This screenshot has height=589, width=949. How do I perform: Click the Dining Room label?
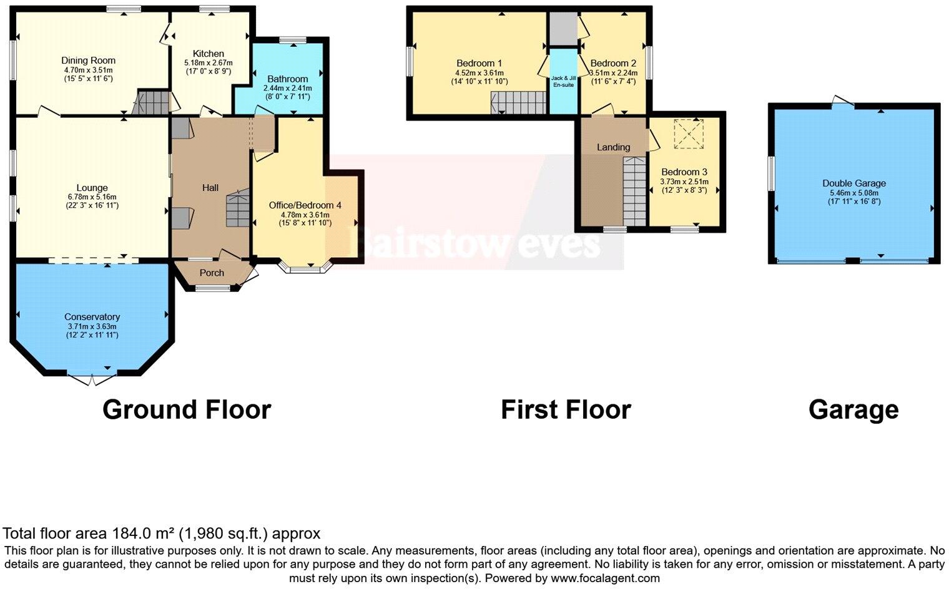point(88,61)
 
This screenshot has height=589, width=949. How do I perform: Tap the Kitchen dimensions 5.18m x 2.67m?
point(208,63)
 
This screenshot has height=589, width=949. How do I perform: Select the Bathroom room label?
point(287,79)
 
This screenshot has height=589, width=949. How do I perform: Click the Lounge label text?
point(92,188)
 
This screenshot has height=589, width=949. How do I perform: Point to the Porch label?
point(212,273)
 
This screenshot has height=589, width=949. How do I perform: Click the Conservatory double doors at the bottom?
point(91,379)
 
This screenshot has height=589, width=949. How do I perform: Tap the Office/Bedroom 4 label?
point(305,205)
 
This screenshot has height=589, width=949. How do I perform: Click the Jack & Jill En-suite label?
point(563,81)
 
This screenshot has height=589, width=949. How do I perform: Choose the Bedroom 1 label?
point(479,63)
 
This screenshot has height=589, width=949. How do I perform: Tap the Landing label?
point(613,147)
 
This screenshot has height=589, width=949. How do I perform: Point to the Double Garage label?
point(853,183)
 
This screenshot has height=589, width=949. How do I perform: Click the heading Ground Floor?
point(187,410)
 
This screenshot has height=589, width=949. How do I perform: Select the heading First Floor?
point(566,410)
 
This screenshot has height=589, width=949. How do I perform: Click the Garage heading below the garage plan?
point(853,410)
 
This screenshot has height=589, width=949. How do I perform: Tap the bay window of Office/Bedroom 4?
point(306,268)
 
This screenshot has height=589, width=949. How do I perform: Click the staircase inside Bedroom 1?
point(518,102)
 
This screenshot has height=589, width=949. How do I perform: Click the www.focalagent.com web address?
point(605,578)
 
